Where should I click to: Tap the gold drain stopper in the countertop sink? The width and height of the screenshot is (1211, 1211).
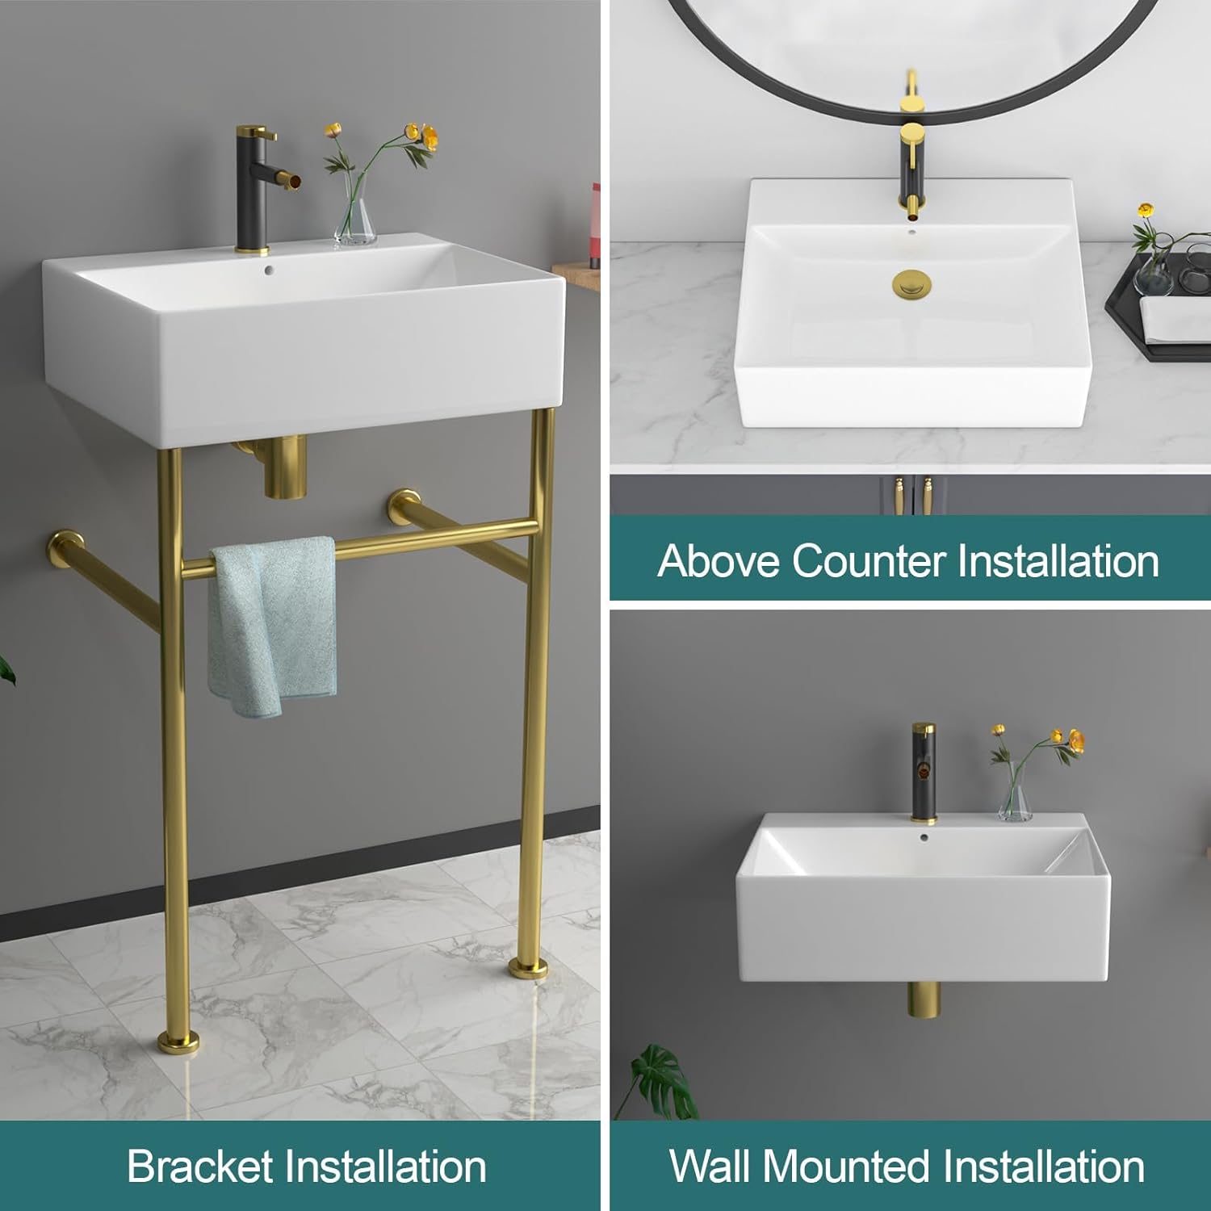click(911, 284)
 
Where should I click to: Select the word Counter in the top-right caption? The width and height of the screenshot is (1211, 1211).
click(869, 560)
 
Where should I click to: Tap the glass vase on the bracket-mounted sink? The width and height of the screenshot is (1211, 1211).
click(355, 214)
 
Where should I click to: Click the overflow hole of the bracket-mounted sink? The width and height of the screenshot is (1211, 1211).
click(267, 253)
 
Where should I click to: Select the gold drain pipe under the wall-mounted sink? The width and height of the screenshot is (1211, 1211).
click(924, 1010)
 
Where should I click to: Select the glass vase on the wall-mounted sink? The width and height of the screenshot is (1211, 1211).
click(1015, 799)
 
